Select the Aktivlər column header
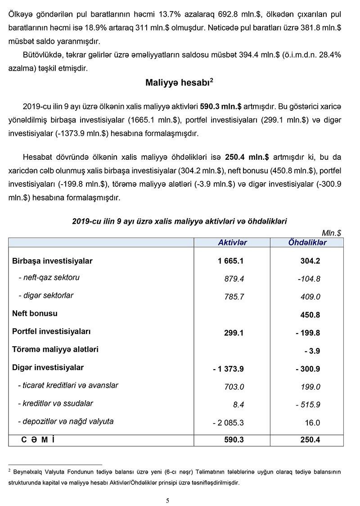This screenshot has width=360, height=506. (232, 243)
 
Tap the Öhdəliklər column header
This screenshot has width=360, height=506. (307, 243)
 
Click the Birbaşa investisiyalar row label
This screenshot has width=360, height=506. (52, 261)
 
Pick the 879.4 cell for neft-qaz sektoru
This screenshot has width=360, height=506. (234, 279)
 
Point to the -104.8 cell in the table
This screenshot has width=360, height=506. (309, 279)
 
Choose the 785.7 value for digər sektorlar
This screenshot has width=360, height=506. (234, 297)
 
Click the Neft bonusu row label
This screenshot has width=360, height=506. (35, 313)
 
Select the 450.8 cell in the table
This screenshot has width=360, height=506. (310, 315)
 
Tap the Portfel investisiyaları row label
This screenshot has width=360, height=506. (51, 331)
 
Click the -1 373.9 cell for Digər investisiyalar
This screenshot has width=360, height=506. (229, 369)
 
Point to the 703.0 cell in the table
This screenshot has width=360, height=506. (234, 387)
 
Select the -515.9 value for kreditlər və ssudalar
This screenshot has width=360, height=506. (308, 405)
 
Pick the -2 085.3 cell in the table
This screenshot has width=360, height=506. (228, 423)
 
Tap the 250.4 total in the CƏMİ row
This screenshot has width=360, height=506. (310, 440)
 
